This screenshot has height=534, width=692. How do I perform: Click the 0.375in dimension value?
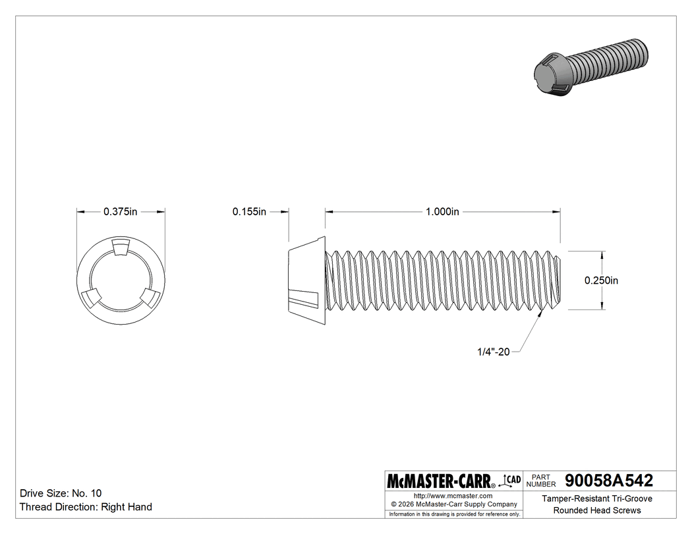click(120, 211)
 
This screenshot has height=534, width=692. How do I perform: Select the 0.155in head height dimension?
click(248, 211)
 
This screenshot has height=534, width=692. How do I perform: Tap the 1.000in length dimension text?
click(442, 211)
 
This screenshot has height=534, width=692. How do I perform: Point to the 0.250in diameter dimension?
click(601, 280)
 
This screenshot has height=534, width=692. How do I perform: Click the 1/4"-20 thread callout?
click(494, 352)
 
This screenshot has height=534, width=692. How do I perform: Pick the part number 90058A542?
click(604, 480)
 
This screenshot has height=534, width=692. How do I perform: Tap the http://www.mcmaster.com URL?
click(453, 495)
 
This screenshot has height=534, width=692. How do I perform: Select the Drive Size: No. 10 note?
click(61, 493)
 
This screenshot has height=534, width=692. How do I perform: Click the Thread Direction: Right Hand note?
click(86, 507)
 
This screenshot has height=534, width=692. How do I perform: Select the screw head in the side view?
click(307, 280)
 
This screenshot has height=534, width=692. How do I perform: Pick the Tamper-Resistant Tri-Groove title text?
click(597, 499)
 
